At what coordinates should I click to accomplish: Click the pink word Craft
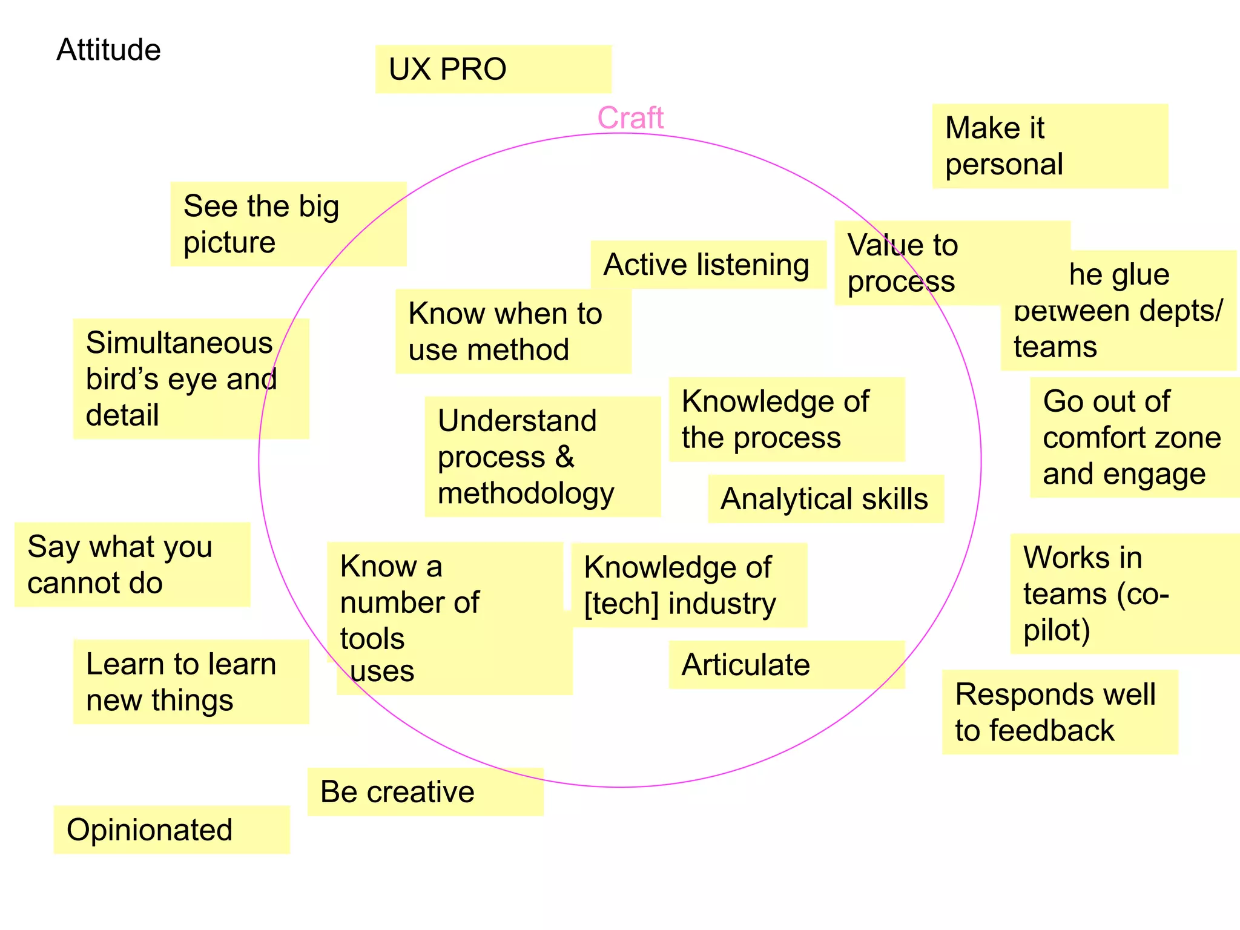[630, 117]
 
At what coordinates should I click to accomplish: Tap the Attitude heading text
[108, 50]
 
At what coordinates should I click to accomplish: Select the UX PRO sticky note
[493, 69]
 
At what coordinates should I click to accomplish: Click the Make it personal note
[1049, 146]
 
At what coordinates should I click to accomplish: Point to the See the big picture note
[288, 223]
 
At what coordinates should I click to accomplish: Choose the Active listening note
[707, 265]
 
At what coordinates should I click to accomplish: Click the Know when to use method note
[512, 331]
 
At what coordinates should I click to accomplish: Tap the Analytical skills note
[825, 499]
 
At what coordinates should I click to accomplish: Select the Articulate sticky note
[786, 665]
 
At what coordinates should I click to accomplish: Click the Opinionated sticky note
[171, 829]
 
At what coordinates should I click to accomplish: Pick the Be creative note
[425, 792]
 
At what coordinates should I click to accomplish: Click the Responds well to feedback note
[1060, 712]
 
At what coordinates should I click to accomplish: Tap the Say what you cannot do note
[132, 564]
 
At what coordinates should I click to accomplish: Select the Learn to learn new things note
[191, 682]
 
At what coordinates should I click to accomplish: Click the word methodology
[526, 493]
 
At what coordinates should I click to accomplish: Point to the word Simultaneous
[179, 343]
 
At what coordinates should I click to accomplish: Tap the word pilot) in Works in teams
[1057, 630]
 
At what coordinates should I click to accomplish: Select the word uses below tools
[382, 671]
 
